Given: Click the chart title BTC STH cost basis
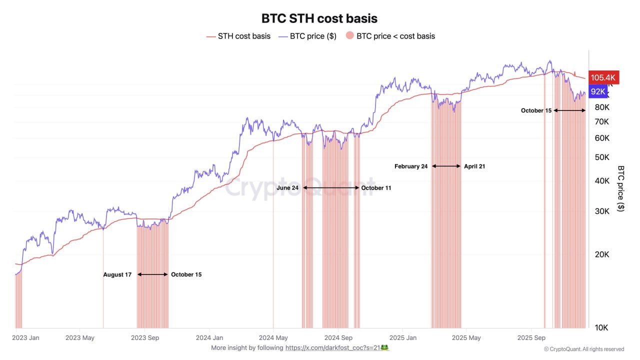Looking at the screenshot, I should (x=319, y=18).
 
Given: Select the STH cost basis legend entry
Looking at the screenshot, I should (x=238, y=36).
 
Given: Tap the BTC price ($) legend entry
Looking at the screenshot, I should (x=307, y=36).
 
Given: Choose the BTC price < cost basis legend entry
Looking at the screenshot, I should (x=390, y=36).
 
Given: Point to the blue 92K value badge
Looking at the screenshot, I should (x=598, y=91).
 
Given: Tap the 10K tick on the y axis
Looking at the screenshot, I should (x=602, y=328).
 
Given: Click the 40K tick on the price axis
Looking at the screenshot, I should (x=602, y=181).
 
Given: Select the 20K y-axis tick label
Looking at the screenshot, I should (x=602, y=254).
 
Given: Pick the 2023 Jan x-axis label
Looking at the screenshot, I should (x=26, y=338).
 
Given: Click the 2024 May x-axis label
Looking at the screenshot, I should (x=274, y=338).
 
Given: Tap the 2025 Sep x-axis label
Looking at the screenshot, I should (x=531, y=338).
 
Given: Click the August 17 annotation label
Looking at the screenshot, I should (x=117, y=274).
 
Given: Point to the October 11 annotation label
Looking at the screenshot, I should (x=376, y=188).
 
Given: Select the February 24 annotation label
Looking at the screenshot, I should (x=411, y=166).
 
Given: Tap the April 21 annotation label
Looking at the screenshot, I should (x=474, y=166).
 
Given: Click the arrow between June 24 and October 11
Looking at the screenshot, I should (x=331, y=187).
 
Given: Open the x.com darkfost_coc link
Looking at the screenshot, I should (x=336, y=347).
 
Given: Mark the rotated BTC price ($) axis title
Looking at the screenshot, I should (x=621, y=188).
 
